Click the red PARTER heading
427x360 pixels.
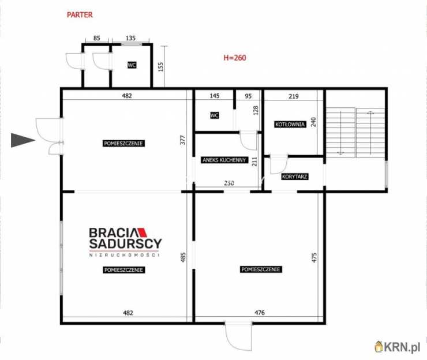80,14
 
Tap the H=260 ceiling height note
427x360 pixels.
235,58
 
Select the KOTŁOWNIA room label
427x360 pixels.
290,125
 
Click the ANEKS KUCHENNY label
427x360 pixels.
224,160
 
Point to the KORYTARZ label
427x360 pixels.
295,177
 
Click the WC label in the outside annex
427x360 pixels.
132,65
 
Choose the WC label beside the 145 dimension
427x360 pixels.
215,115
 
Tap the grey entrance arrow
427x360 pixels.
23,140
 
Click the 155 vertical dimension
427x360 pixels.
160,67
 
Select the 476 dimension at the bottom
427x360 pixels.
259,313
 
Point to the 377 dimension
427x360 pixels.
183,140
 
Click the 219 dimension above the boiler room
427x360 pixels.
294,96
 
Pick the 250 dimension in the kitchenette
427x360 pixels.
229,183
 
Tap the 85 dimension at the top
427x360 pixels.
97,38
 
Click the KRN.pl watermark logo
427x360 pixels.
398,347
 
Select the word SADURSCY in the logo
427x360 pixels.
126,243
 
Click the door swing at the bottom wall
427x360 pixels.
238,336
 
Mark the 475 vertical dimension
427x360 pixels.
314,258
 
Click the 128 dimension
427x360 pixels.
256,110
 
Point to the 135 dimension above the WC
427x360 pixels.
131,38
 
